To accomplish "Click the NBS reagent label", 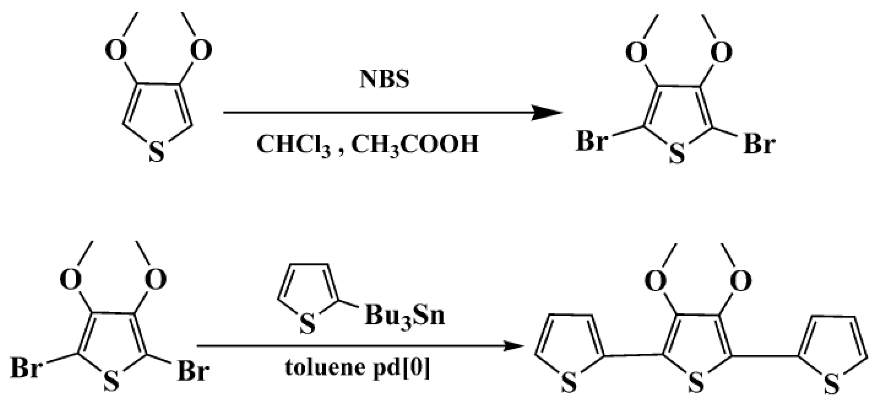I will pos(384,79).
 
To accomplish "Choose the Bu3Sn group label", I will pos(404,316).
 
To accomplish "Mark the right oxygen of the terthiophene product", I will pos(741,281).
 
